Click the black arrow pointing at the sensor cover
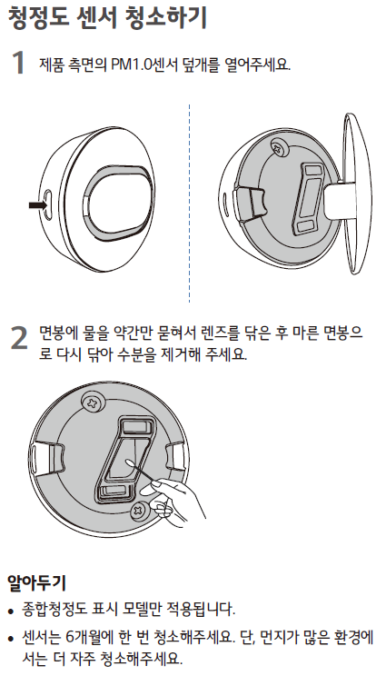click(x=37, y=205)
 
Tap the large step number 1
click(x=18, y=63)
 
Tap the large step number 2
click(x=19, y=338)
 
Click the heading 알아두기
click(x=36, y=583)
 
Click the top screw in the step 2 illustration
click(x=94, y=403)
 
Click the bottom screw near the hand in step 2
click(x=140, y=512)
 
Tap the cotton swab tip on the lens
click(x=130, y=463)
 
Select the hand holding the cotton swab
click(x=177, y=500)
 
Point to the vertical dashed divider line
click(x=189, y=203)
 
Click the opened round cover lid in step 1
click(x=357, y=194)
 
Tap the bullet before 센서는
click(x=12, y=637)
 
